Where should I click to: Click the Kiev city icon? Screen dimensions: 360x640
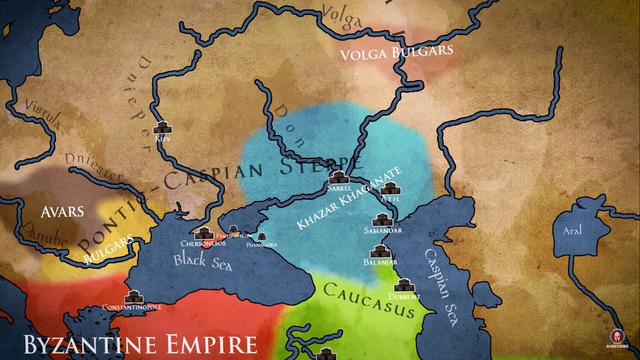click(x=162, y=127)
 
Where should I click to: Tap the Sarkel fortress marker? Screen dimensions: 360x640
click(x=339, y=177)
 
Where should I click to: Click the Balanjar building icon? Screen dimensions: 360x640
click(x=380, y=251)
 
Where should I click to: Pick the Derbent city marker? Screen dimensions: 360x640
click(x=405, y=285)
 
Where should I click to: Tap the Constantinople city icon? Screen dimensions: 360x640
click(x=133, y=297)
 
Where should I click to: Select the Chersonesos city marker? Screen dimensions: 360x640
click(x=204, y=233)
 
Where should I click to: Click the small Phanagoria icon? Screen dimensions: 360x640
click(x=262, y=236)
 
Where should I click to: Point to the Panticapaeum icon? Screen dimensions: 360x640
click(x=234, y=229)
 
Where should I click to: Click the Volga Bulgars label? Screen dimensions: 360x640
click(x=397, y=52)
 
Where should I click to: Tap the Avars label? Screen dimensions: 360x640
click(x=62, y=212)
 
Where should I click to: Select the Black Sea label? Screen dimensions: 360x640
click(x=203, y=262)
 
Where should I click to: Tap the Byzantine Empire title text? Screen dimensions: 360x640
click(x=140, y=344)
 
